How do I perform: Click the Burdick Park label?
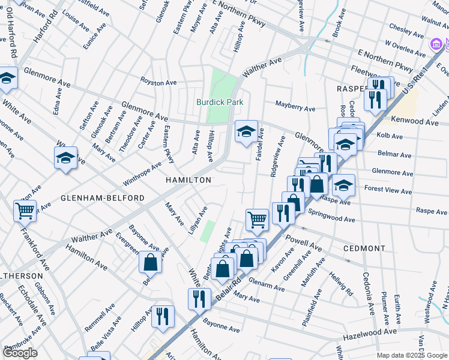(x=220, y=102)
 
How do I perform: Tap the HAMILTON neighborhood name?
(x=189, y=180)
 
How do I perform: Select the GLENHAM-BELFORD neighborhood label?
(x=103, y=198)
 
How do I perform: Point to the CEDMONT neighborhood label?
(x=364, y=248)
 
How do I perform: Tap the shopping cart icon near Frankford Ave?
(x=25, y=210)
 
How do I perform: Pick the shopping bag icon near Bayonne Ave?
(x=149, y=262)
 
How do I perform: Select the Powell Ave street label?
(x=305, y=245)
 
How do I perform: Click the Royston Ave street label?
(x=158, y=82)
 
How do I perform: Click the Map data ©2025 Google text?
(x=411, y=355)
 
